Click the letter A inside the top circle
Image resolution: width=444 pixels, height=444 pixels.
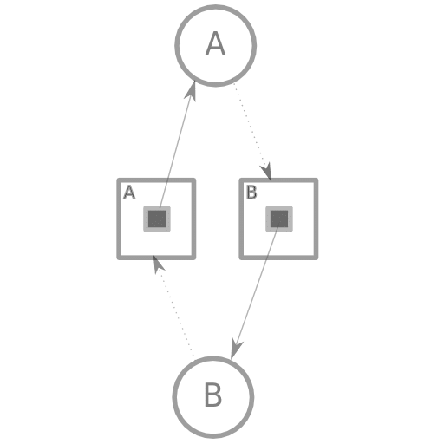tap(215, 43)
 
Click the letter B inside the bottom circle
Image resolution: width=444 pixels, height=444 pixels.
tap(213, 395)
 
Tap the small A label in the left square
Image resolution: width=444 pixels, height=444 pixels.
tap(129, 193)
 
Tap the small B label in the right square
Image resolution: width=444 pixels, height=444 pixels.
tap(251, 193)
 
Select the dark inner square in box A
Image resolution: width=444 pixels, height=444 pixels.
tap(157, 219)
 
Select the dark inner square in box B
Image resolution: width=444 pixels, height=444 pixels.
tap(279, 219)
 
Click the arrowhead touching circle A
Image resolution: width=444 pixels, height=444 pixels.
tap(192, 91)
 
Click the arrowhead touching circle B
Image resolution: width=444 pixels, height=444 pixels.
tap(236, 349)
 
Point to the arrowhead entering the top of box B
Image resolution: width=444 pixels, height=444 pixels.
tap(266, 173)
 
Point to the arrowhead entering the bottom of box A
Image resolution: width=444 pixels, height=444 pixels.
tap(158, 264)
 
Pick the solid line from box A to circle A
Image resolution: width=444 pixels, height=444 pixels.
tap(175, 150)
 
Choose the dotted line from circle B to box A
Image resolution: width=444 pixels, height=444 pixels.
tap(175, 312)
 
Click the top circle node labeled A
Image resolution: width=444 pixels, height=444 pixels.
tap(216, 45)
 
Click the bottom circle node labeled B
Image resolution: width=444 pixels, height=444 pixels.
tap(213, 397)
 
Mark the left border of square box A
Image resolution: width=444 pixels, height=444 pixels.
tap(119, 219)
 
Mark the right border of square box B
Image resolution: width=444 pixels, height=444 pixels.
tap(317, 219)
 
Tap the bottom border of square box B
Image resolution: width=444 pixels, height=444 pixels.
tap(278, 258)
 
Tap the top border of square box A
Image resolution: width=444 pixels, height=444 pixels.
tap(156, 180)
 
